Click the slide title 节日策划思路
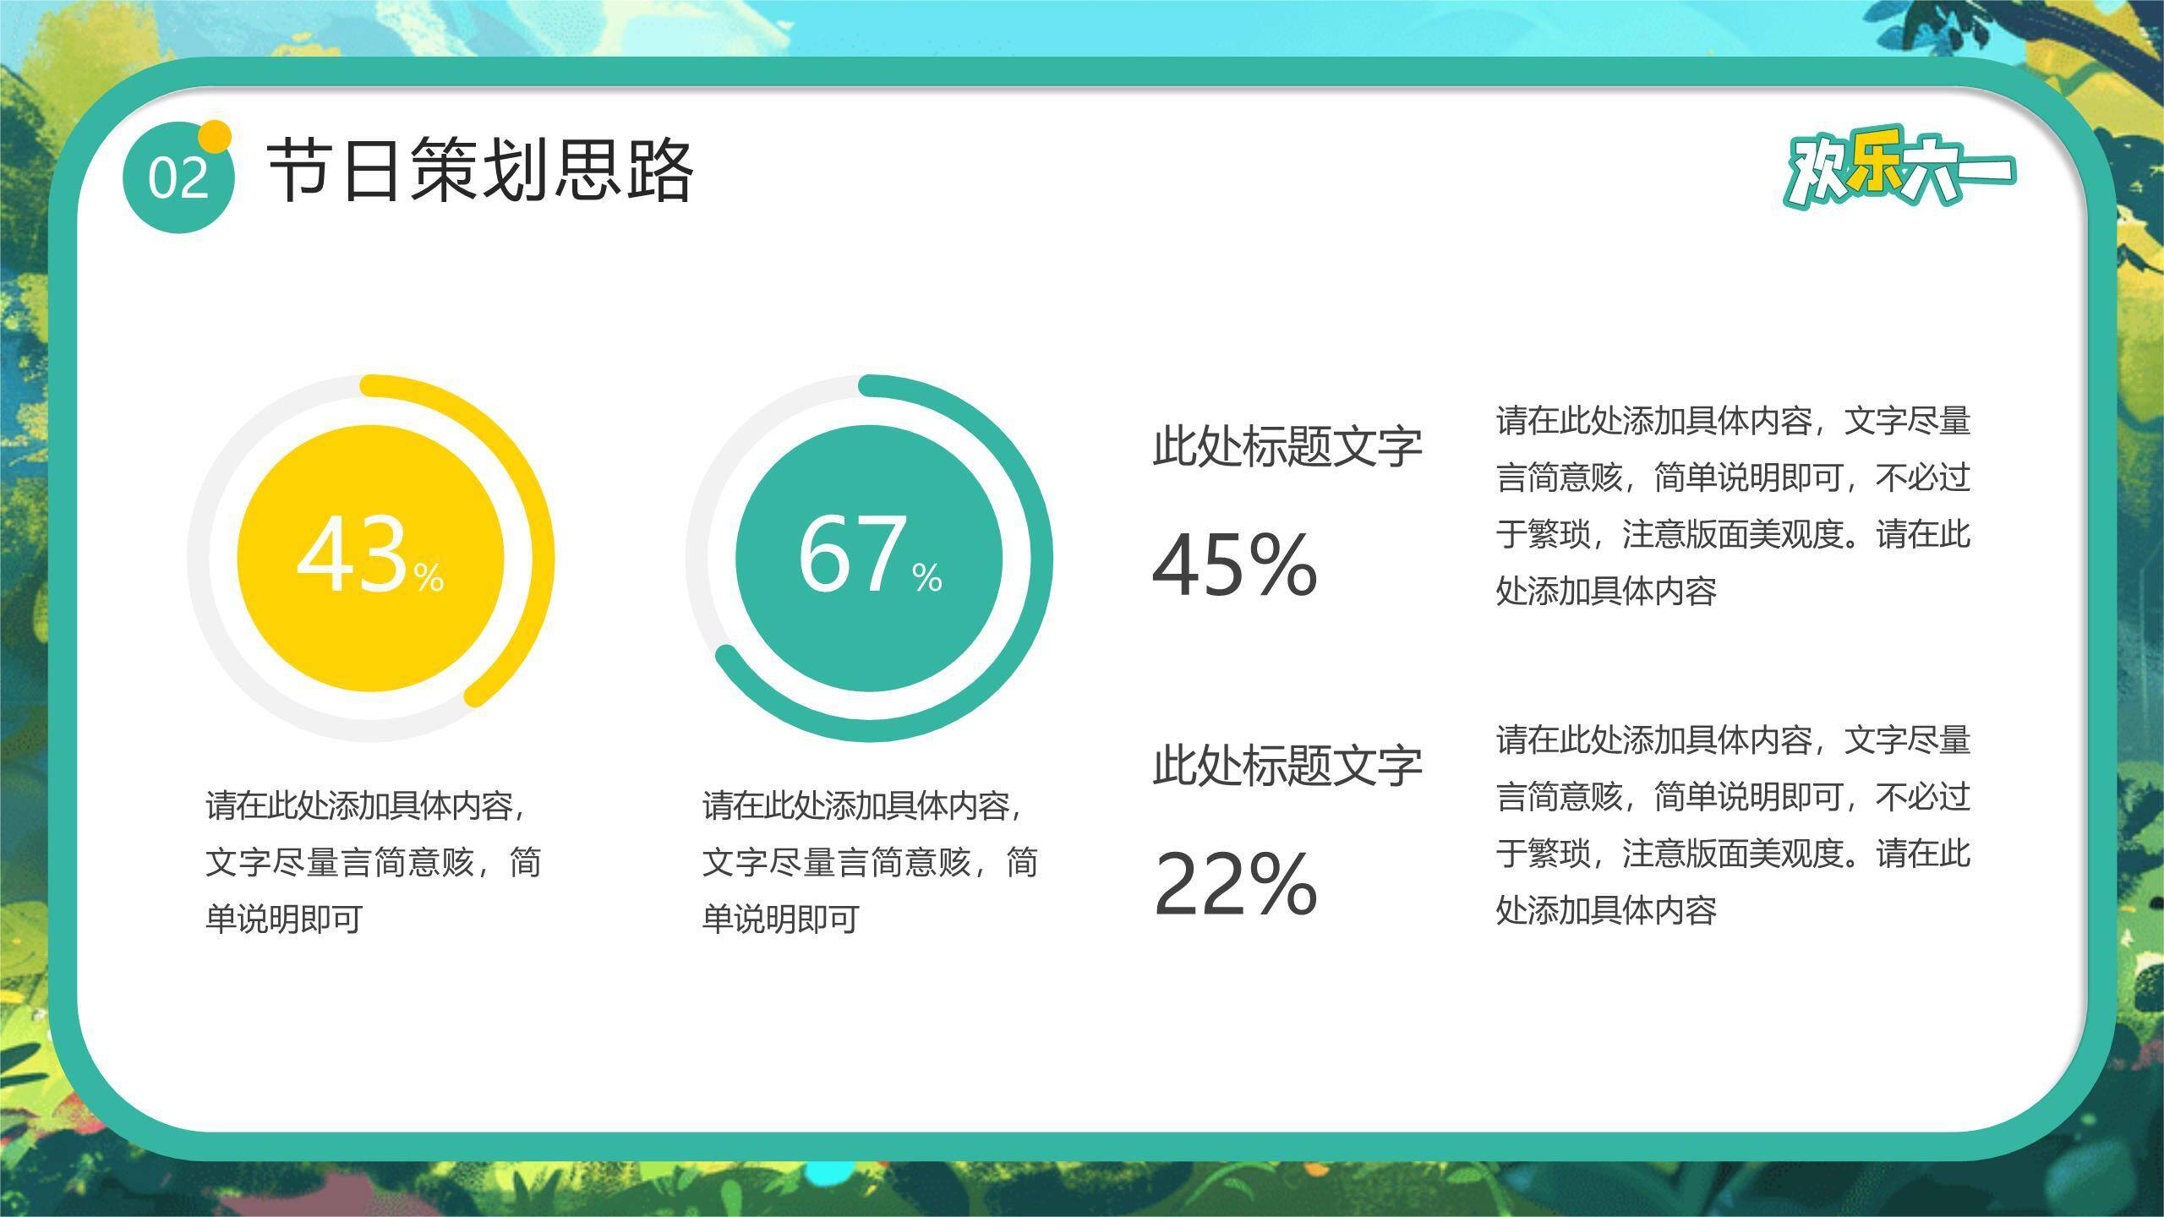480,171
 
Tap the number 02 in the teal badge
178,178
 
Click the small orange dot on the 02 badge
216,136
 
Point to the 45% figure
1235,565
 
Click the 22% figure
1235,884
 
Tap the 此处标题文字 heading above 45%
1287,446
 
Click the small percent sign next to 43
429,578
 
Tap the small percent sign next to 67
926,578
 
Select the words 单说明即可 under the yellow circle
284,920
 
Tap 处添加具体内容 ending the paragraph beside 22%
1606,911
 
